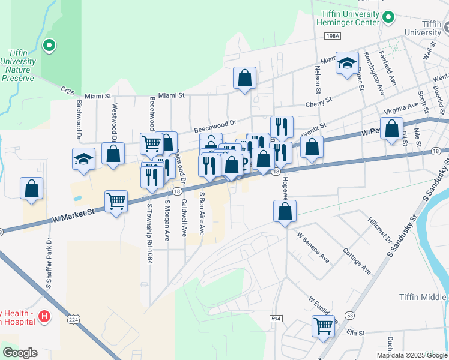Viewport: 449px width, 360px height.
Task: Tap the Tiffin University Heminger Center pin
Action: click(x=388, y=17)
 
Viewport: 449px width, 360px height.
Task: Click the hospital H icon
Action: click(x=44, y=316)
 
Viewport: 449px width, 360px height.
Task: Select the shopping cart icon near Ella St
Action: click(x=323, y=326)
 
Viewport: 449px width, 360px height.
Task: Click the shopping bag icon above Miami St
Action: click(x=244, y=77)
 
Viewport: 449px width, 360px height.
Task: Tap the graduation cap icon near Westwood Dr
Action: click(x=84, y=159)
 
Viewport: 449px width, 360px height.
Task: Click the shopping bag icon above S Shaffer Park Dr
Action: click(x=31, y=188)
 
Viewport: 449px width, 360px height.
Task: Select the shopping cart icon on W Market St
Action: click(x=116, y=202)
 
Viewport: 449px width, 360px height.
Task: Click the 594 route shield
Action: click(x=276, y=319)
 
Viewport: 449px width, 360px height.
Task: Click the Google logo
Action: click(x=20, y=353)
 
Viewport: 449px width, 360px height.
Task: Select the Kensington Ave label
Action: click(x=373, y=73)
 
